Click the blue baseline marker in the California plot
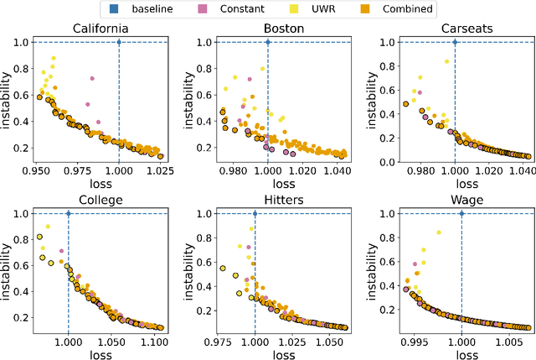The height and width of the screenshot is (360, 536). click(119, 42)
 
